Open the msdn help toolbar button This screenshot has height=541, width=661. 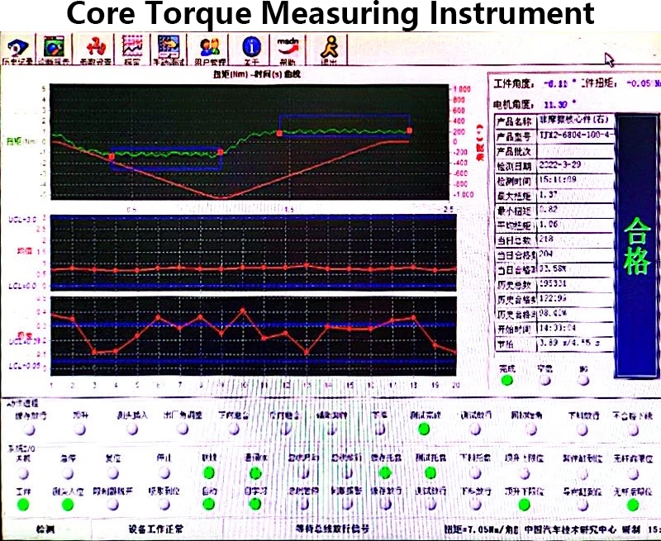pos(288,47)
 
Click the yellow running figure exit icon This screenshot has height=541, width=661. pos(330,47)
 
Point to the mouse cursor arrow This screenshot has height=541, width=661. pos(610,59)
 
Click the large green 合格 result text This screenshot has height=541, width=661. pos(637,246)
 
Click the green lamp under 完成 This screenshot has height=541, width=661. pos(506,381)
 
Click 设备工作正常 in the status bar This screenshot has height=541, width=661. pos(156,529)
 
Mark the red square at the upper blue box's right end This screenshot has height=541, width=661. pos(409,130)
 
